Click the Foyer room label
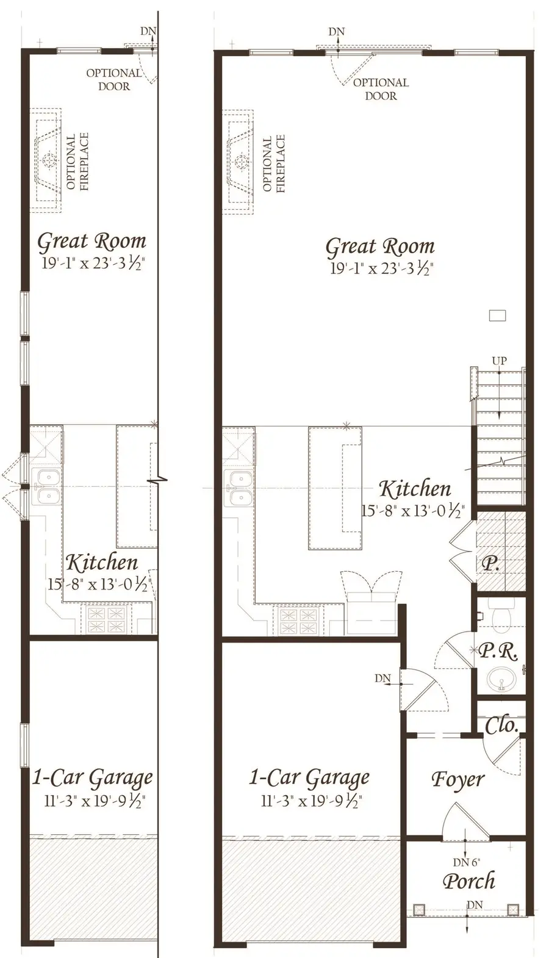tap(457, 779)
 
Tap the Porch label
tap(468, 881)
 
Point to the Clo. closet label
tap(501, 726)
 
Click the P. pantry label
tap(490, 564)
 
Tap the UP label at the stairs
tap(499, 361)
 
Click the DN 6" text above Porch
tap(466, 862)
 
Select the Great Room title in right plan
tap(379, 247)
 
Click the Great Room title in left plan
tap(91, 242)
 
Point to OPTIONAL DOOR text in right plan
tap(381, 89)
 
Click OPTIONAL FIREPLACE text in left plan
tap(77, 162)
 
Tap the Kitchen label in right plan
tap(415, 489)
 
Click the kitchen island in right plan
tap(334, 488)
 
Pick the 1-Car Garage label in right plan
tap(309, 777)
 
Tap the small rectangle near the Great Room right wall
tap(498, 315)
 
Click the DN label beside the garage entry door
tap(382, 678)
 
